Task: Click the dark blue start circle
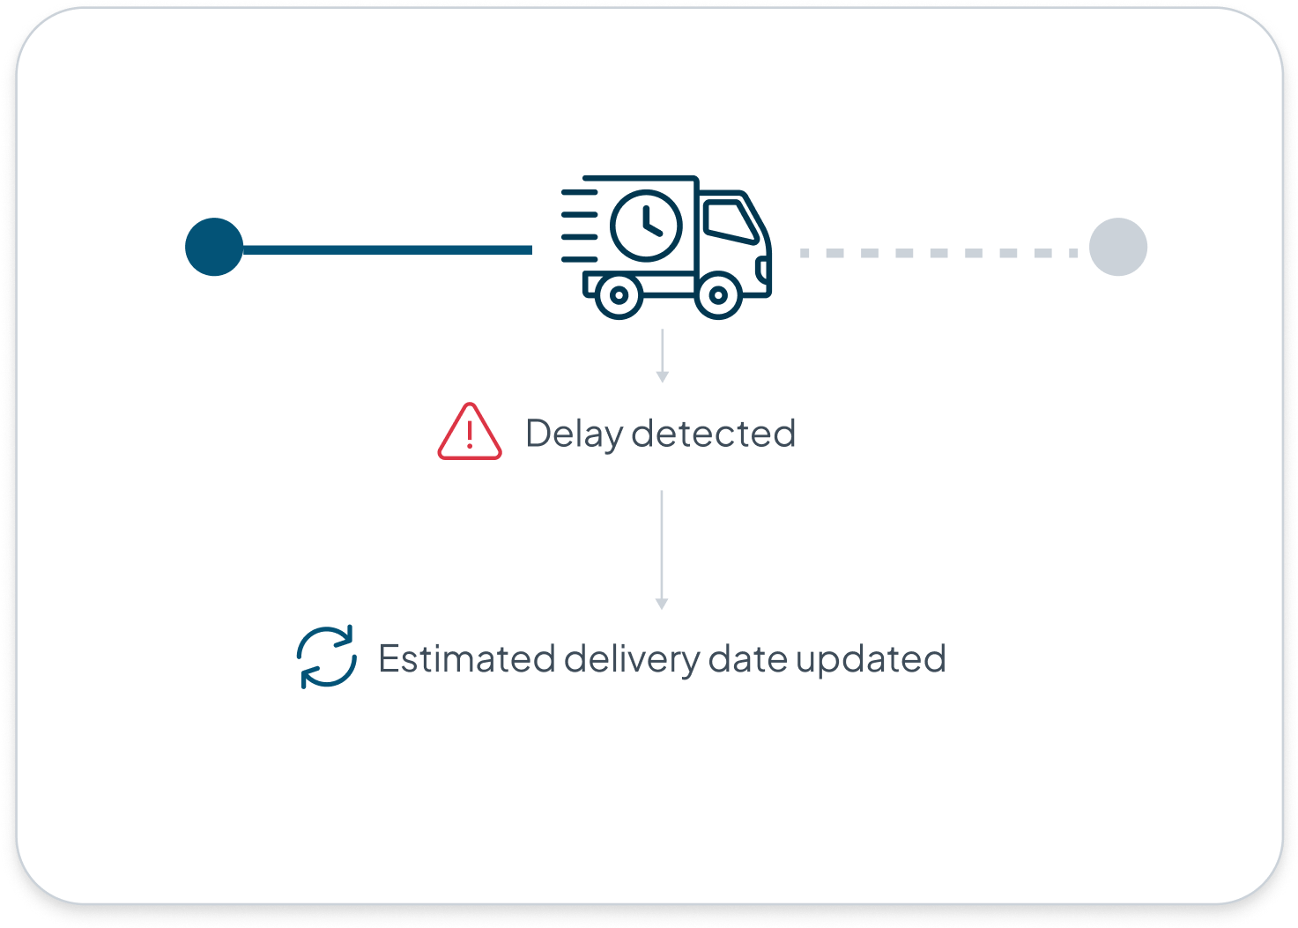tap(214, 247)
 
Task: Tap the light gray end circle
tap(1117, 247)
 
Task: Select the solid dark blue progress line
tap(388, 250)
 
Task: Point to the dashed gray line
tap(938, 253)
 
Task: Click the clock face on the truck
tap(646, 225)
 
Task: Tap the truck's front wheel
tap(718, 296)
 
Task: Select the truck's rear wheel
tap(619, 296)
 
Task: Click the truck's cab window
tap(730, 220)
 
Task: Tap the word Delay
tap(575, 434)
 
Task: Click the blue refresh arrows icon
tap(327, 657)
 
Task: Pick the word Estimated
tap(467, 659)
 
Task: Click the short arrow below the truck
tap(663, 356)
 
